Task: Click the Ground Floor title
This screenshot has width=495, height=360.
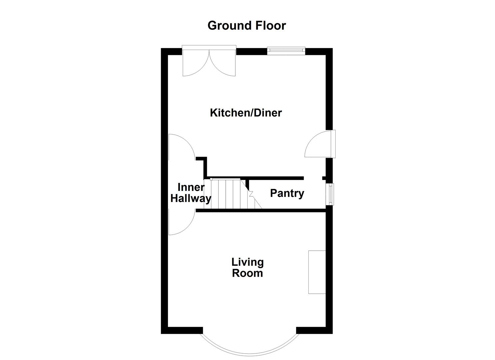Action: [247, 26]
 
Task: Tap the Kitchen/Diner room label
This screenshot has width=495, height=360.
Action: [246, 113]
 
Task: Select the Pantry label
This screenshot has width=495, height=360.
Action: [287, 193]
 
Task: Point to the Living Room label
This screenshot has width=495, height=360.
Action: [247, 268]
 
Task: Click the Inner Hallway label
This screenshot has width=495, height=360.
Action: [191, 193]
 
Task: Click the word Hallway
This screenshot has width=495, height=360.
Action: [191, 199]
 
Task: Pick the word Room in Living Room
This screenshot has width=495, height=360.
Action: [247, 273]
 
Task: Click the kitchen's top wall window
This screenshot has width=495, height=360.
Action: [286, 51]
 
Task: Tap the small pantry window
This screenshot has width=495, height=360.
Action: [330, 194]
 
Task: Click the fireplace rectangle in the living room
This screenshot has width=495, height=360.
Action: [317, 272]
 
